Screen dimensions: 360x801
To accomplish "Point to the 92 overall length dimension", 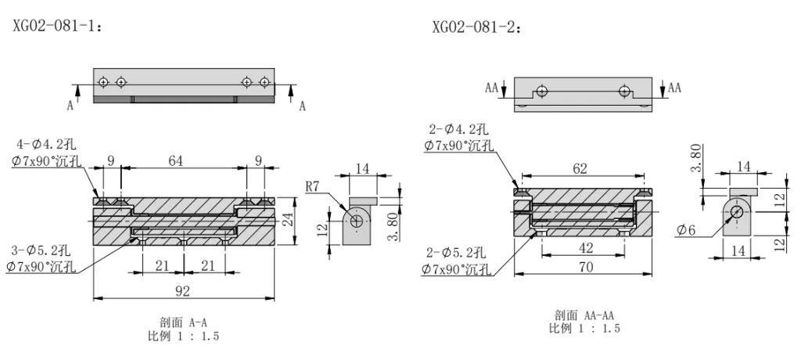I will pos(183,291).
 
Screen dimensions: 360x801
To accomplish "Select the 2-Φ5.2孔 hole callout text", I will pos(455,253).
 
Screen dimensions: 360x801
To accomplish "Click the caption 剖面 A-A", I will pos(183,322).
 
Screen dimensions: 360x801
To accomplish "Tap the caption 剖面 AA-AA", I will pos(584,315).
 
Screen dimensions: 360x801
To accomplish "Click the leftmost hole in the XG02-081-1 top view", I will pos(102,81).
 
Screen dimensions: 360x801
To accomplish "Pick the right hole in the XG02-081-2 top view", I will pos(624,91).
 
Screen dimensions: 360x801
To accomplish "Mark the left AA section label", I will pos(492,88).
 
